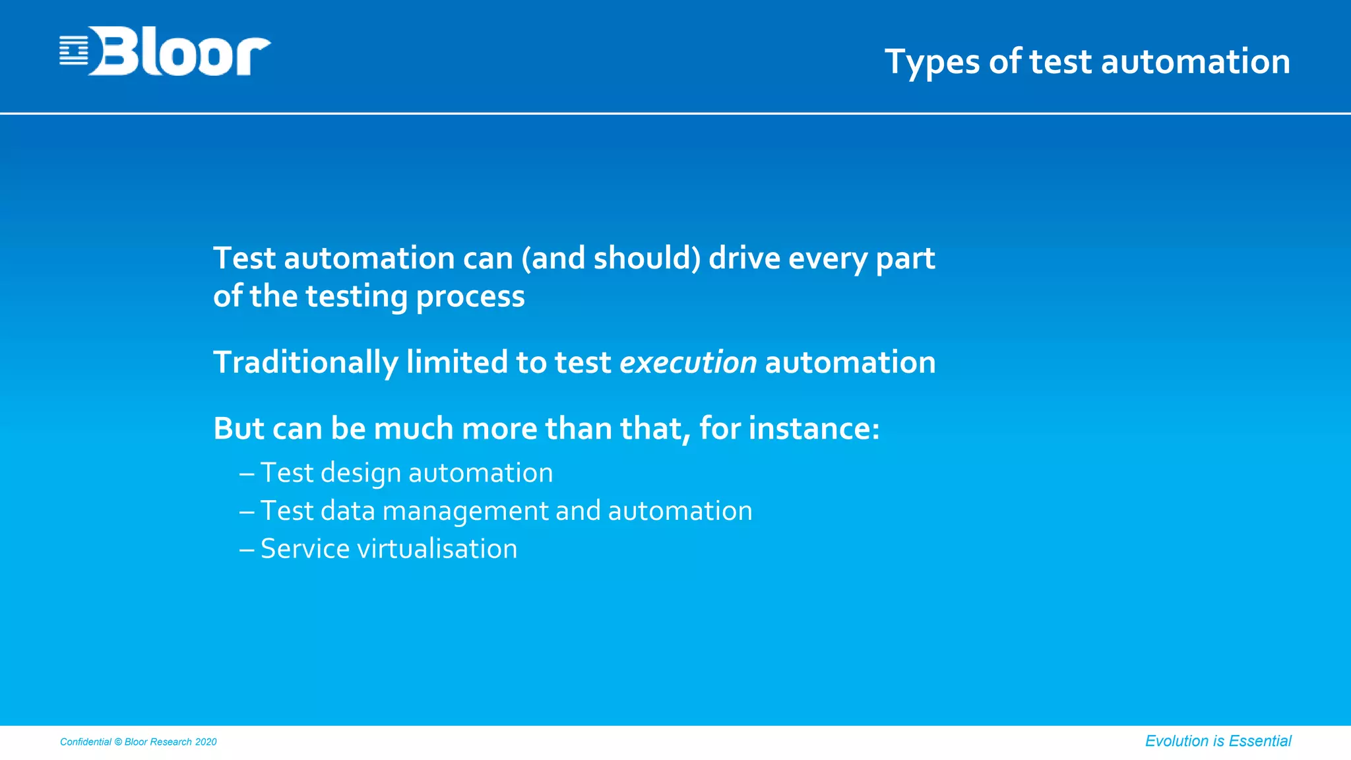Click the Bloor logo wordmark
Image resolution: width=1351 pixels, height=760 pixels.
pyautogui.click(x=179, y=51)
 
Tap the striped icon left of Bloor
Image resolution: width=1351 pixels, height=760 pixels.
pyautogui.click(x=73, y=51)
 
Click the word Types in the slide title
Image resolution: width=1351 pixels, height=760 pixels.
pyautogui.click(x=932, y=62)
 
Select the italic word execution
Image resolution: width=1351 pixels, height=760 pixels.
pyautogui.click(x=687, y=362)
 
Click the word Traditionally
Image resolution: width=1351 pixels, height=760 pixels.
pyautogui.click(x=305, y=363)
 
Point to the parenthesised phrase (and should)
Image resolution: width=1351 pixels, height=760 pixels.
pyautogui.click(x=611, y=258)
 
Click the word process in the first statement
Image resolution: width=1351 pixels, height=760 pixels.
pyautogui.click(x=470, y=297)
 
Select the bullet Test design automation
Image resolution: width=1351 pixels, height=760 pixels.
pyautogui.click(x=406, y=473)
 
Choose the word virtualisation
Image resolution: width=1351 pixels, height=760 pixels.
pyautogui.click(x=436, y=549)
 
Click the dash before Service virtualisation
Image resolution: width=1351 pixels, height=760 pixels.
pyautogui.click(x=247, y=550)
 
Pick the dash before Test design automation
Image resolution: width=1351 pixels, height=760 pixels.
pyautogui.click(x=247, y=474)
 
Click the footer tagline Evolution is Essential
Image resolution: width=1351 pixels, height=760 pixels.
pyautogui.click(x=1218, y=741)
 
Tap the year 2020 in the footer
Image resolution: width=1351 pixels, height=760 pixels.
pyautogui.click(x=206, y=742)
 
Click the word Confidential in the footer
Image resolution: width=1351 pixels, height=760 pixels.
pyautogui.click(x=86, y=742)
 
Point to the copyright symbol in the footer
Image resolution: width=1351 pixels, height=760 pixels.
pyautogui.click(x=118, y=742)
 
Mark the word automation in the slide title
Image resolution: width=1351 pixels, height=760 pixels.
pyautogui.click(x=1195, y=62)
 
